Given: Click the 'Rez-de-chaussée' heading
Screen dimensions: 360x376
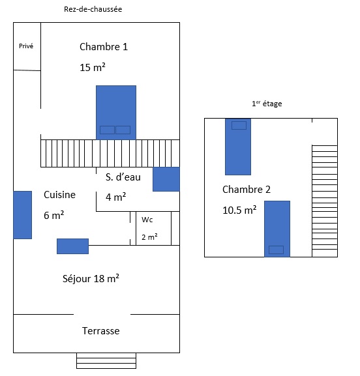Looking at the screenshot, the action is tap(93, 9).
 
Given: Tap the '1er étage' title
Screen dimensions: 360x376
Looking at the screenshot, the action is tap(267, 104).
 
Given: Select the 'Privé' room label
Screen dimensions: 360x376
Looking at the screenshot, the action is tap(26, 46).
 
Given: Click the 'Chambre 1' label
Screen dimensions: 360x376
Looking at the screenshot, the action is tap(104, 46).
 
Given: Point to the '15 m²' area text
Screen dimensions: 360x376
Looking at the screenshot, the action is tap(93, 67).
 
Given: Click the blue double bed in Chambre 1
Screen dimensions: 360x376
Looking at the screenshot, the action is tap(116, 113).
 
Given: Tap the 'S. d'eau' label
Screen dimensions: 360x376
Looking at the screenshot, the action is tap(123, 177).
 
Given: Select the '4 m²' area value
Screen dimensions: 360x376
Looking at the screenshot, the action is tap(115, 197).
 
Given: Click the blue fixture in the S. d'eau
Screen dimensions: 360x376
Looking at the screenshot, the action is tap(166, 179).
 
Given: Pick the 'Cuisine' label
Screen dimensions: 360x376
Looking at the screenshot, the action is tap(59, 194).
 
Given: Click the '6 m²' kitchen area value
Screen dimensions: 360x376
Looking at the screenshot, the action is tap(53, 215).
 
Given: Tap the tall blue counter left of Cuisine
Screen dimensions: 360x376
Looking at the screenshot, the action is tap(23, 215).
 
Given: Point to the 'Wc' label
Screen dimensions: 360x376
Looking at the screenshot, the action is tap(147, 220).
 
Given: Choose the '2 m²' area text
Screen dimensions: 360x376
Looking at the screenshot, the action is tap(149, 237).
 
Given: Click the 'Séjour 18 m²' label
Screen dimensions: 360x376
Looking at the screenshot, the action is tap(91, 278).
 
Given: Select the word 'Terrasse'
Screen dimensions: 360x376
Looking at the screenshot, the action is tap(101, 330).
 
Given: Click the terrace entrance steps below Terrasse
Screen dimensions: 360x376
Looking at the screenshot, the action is tap(106, 360).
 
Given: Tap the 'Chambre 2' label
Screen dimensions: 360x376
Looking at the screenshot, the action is tap(247, 190).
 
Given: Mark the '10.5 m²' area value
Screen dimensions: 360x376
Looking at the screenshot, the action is tap(239, 210).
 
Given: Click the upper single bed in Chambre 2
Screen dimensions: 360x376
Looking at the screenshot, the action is tap(238, 147).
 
